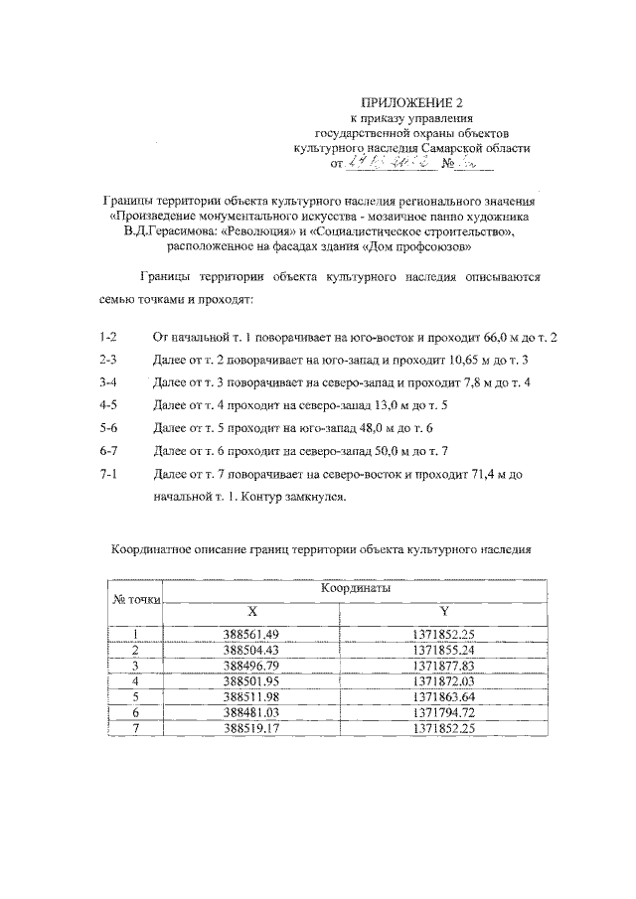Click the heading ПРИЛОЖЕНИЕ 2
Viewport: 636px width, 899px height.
(x=411, y=101)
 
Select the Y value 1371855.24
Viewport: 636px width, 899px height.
(x=443, y=650)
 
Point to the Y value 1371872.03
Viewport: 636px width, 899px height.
(x=443, y=680)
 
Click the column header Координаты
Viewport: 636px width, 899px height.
(x=355, y=588)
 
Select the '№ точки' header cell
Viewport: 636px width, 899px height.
(x=135, y=600)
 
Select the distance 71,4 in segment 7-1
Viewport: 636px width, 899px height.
(x=477, y=475)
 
